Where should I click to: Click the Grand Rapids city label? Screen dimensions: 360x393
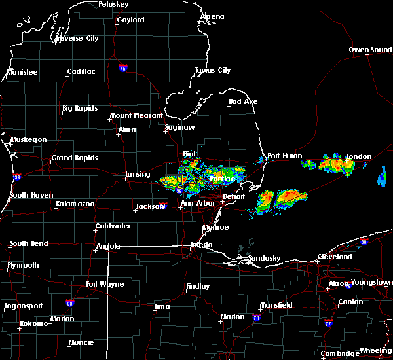(75, 158)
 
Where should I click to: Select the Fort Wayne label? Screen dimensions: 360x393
(106, 285)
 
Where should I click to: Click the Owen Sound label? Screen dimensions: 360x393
(370, 50)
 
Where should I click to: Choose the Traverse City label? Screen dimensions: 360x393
(77, 39)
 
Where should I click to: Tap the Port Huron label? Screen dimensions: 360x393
(285, 156)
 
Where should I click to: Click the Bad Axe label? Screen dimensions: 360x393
(243, 102)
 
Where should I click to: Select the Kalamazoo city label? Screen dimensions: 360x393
(75, 204)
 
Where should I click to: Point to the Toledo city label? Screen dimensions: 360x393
(200, 245)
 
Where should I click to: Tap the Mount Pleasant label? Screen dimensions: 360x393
(136, 116)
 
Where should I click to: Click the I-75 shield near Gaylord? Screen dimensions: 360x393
(122, 68)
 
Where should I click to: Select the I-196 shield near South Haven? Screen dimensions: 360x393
(16, 177)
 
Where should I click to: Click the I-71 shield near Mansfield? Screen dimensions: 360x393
(257, 317)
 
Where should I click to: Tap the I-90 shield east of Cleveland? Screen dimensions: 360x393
(364, 242)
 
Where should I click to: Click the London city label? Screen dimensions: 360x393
(359, 157)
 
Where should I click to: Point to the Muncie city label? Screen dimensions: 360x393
(81, 342)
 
